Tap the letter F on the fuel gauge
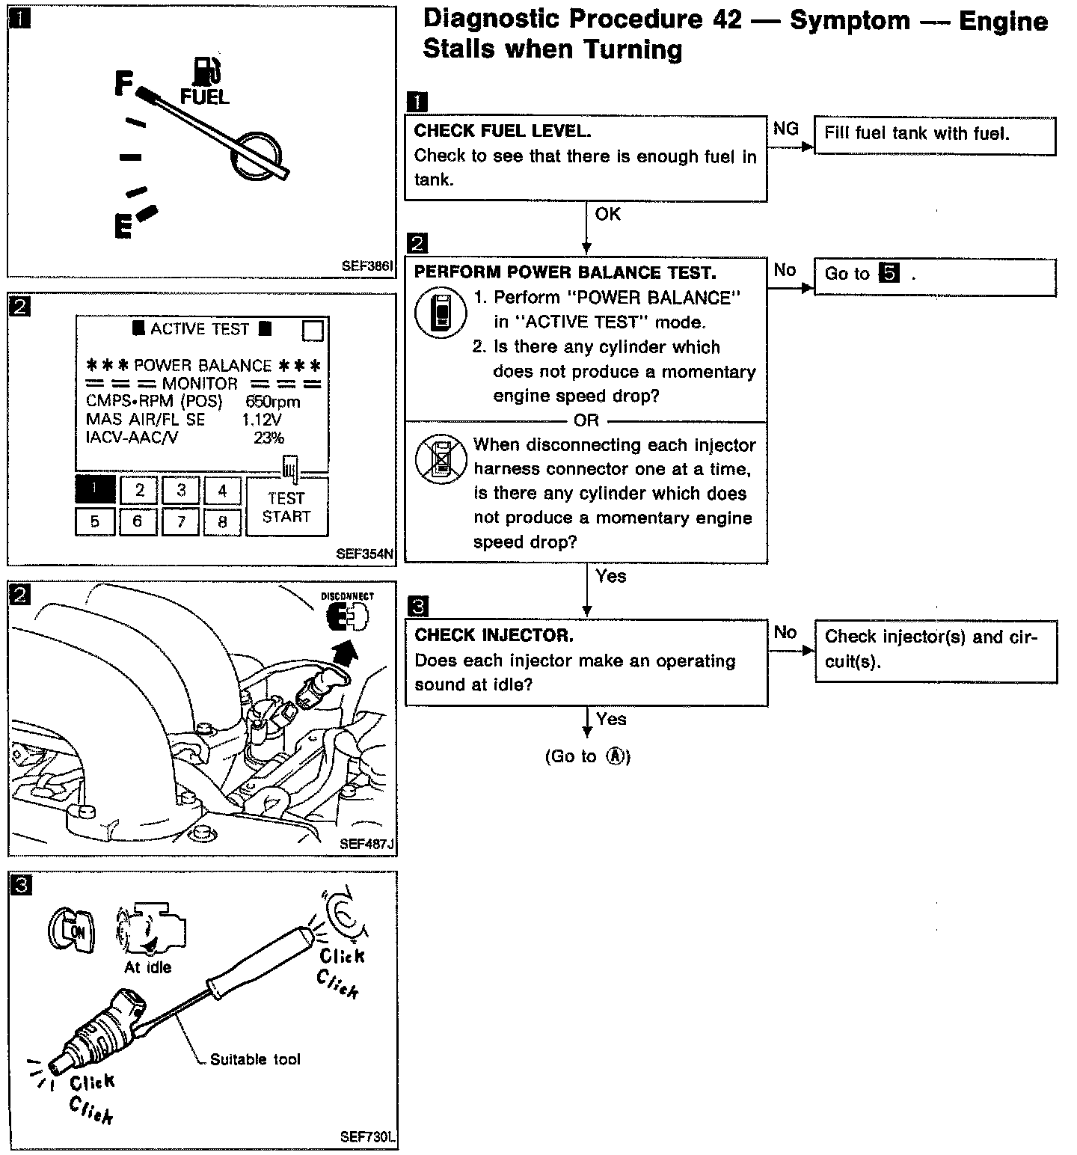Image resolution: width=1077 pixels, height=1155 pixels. point(124,83)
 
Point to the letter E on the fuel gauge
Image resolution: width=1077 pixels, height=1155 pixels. point(123,225)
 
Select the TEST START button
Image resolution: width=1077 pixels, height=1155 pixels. point(286,507)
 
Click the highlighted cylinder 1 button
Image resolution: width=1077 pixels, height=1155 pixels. point(95,490)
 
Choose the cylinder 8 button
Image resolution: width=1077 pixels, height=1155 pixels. point(222,521)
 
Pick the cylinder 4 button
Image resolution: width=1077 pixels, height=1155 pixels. point(222,491)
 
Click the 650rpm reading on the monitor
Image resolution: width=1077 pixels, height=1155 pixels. point(273,402)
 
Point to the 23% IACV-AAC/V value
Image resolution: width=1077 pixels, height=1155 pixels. point(269,438)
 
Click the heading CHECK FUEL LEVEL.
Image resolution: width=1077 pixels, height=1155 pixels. point(503,131)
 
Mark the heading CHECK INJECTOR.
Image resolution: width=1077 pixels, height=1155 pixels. point(494,636)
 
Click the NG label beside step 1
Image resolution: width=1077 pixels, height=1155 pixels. point(785,129)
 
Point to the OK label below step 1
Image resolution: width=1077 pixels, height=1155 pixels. point(608,215)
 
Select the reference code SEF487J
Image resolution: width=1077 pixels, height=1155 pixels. point(366,844)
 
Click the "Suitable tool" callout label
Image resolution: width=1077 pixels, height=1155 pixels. point(255,1059)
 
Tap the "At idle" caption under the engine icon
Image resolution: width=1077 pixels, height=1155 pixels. point(147,967)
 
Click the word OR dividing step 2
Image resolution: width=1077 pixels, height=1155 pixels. point(586,420)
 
